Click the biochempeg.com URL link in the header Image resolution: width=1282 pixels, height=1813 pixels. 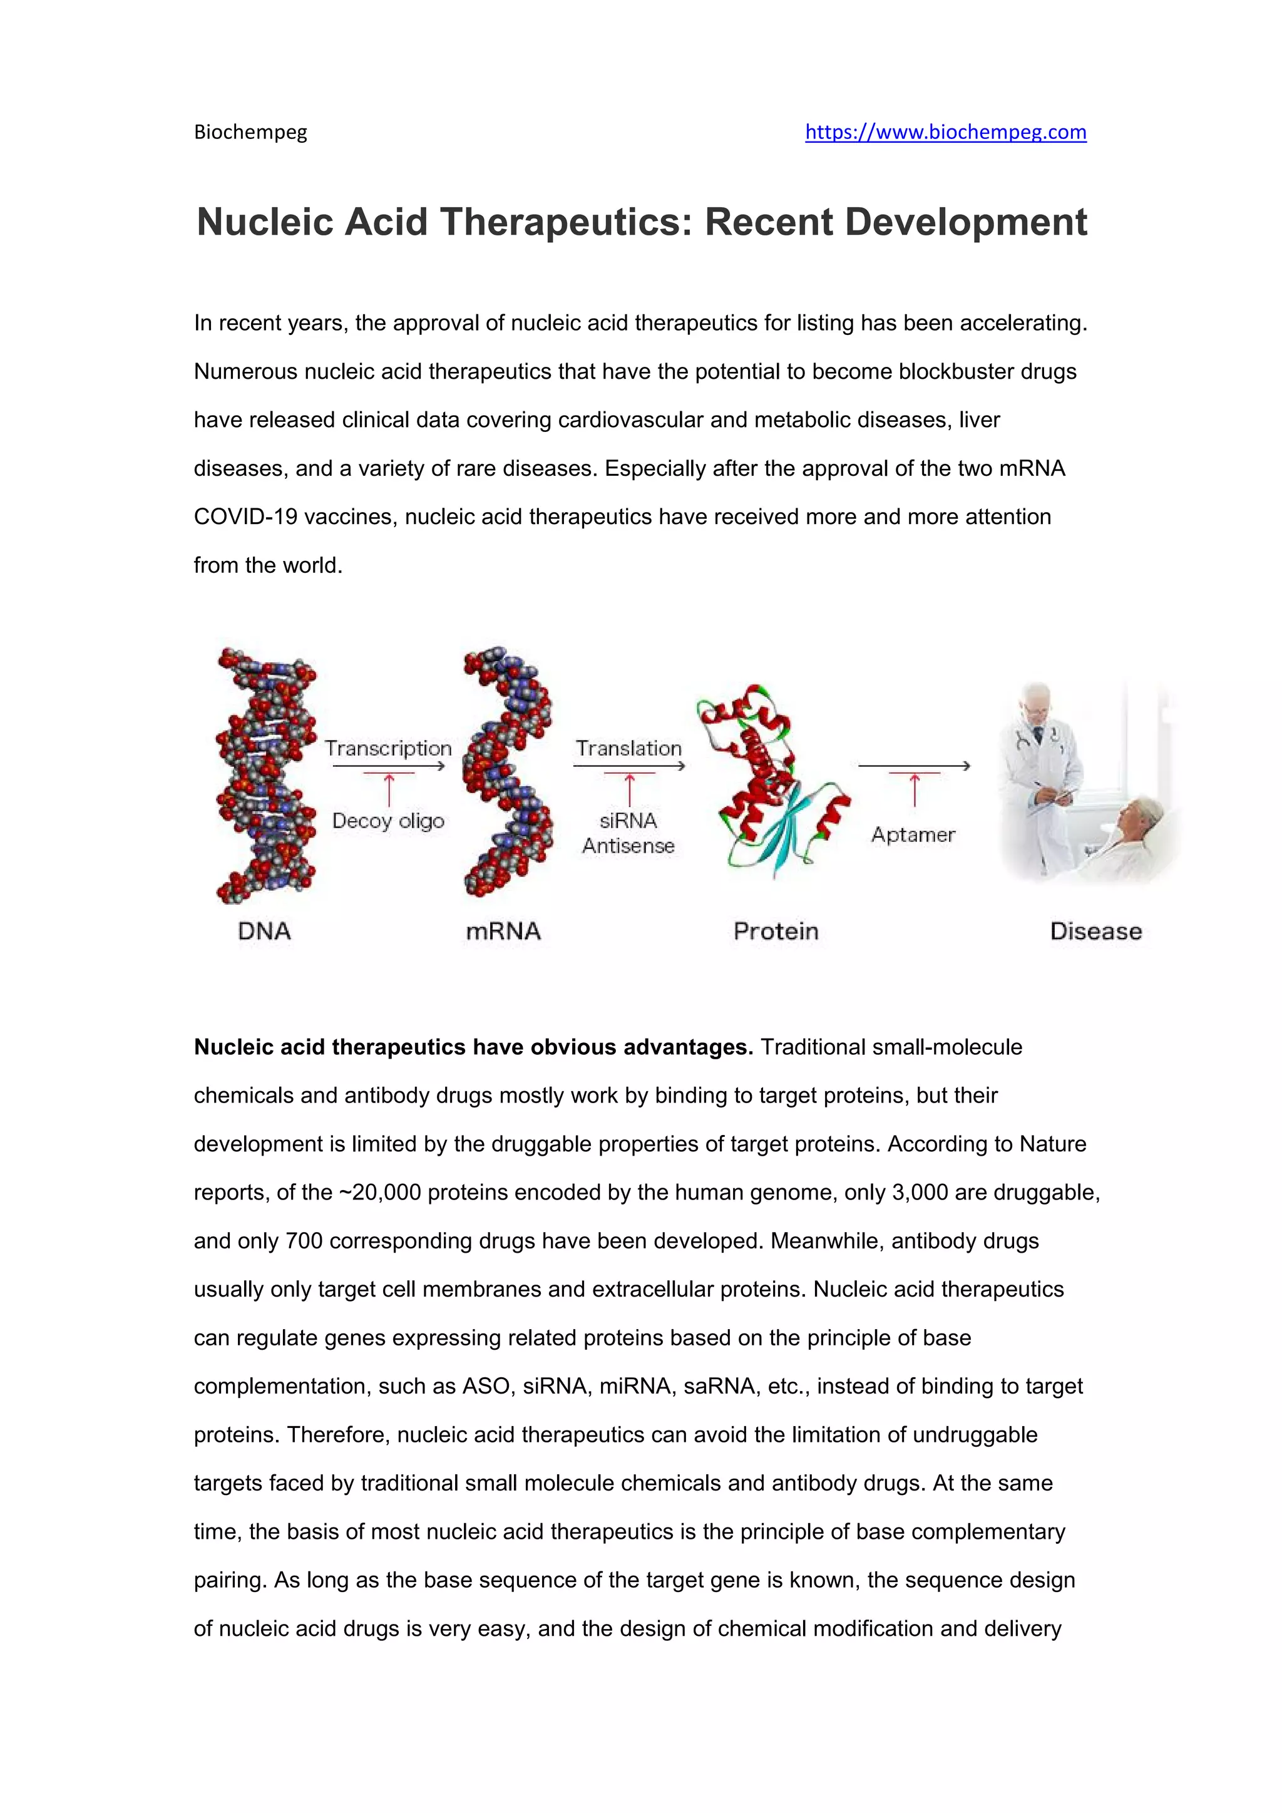click(945, 132)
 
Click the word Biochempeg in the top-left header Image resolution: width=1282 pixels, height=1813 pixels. click(250, 132)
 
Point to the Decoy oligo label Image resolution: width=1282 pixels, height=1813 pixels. click(387, 821)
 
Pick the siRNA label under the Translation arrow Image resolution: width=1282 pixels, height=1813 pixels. click(628, 821)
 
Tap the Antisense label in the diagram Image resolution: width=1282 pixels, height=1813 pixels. click(628, 846)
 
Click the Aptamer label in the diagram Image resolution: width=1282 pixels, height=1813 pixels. click(913, 835)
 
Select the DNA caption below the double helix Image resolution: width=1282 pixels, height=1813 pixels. click(264, 931)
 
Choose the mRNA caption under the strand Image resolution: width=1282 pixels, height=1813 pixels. click(503, 931)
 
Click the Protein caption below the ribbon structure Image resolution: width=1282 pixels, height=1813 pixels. click(776, 931)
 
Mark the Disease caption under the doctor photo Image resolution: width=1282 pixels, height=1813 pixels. click(1095, 931)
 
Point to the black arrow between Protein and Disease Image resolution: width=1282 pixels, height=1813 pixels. click(914, 765)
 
